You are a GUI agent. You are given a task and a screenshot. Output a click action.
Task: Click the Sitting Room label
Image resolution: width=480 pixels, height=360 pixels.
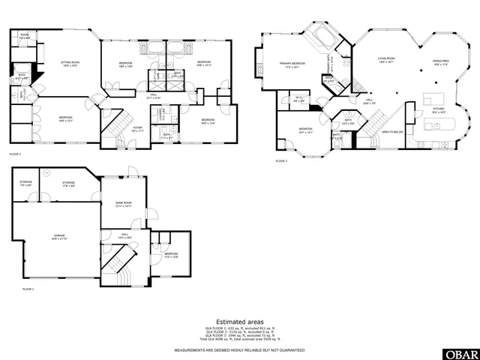tap(70, 64)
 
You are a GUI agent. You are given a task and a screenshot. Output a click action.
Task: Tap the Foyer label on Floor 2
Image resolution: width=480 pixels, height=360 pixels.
tap(137, 128)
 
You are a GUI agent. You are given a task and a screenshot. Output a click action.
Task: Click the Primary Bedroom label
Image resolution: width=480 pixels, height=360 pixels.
tap(292, 65)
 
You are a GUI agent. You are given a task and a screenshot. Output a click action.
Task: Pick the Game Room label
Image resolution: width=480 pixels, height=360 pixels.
tap(123, 204)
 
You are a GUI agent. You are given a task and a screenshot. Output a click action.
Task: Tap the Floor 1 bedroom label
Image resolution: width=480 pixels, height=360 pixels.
tap(171, 255)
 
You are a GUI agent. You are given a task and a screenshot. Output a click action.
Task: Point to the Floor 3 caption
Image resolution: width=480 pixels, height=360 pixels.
tap(281, 161)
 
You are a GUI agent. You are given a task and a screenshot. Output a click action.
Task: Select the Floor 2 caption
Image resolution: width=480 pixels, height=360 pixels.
tap(16, 153)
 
